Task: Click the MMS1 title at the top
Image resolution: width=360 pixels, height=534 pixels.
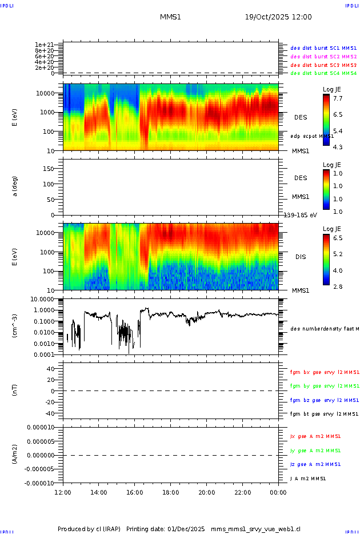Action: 170,17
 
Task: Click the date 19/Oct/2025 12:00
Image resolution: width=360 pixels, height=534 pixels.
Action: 278,17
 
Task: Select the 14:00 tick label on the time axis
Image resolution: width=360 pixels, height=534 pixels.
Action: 99,492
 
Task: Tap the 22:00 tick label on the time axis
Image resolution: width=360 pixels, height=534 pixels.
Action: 242,492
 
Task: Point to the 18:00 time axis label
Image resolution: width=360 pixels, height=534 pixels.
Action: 171,492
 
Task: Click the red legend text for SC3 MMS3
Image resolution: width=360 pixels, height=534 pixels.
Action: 323,65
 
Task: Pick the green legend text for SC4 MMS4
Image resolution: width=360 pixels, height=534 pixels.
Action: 323,73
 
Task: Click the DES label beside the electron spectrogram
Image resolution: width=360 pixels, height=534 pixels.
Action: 301,117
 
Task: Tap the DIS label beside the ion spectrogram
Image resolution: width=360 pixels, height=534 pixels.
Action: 301,257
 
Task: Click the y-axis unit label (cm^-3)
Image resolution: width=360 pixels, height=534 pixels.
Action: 15,326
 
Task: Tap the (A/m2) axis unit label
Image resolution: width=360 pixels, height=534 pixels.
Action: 15,455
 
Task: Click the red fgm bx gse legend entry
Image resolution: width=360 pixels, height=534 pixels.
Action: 323,372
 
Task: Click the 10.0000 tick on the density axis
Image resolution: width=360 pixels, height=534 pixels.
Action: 42,298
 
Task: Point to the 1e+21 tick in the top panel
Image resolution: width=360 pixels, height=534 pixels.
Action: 44,45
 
